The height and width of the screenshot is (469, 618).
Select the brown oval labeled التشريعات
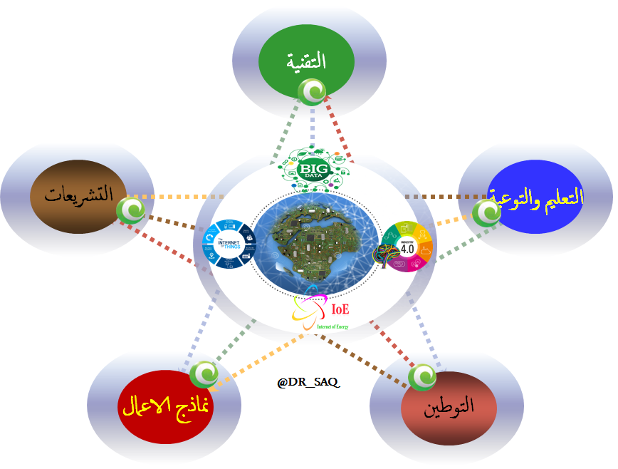point(78,195)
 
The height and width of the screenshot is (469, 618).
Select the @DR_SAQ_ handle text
point(308,383)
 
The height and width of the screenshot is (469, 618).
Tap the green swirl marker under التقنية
point(312,91)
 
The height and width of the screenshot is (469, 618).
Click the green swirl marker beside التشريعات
point(131,209)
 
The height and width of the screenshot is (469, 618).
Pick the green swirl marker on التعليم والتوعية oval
point(486,212)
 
